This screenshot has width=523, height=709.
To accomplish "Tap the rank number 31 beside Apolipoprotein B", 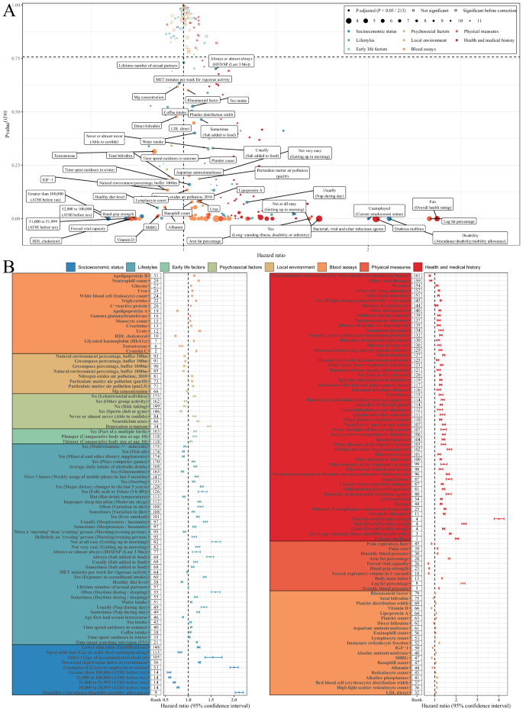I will click(x=155, y=275).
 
